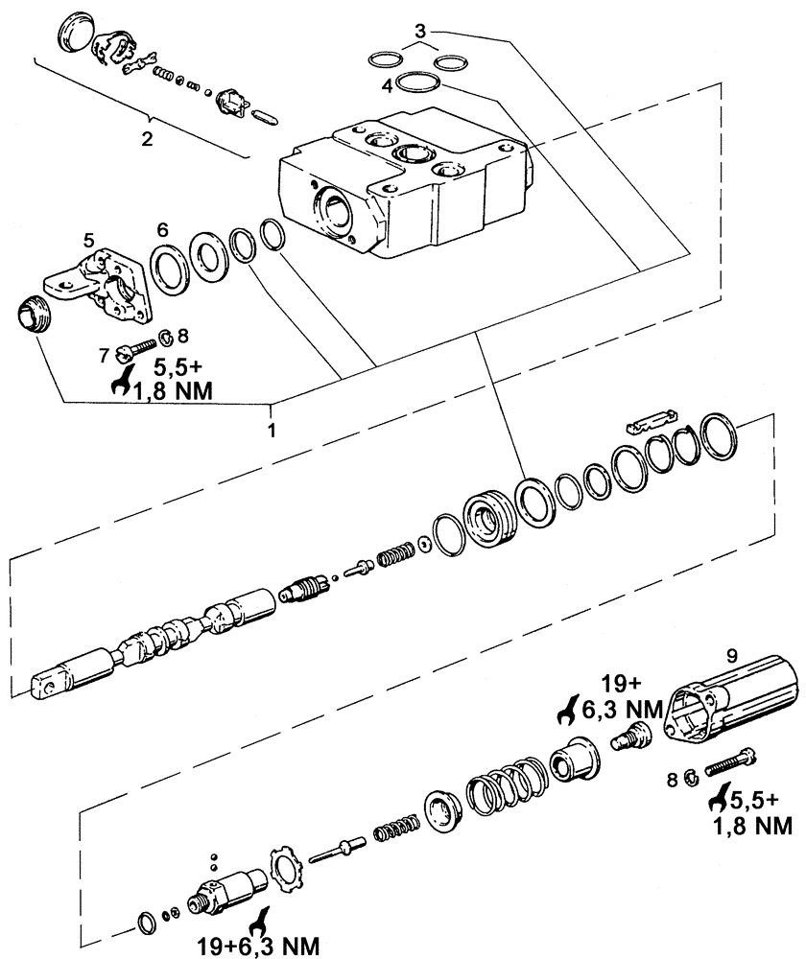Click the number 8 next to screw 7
(x=182, y=337)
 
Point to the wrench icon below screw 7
(x=122, y=383)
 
